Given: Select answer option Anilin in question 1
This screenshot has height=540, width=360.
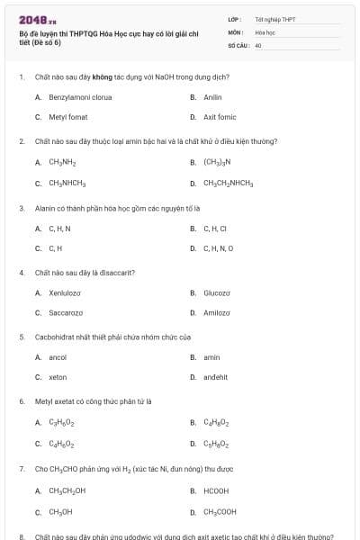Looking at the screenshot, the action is pos(212,96).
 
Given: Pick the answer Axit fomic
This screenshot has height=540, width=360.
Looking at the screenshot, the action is pos(219,117).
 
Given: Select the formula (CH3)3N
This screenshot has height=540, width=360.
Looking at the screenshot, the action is pos(217,163).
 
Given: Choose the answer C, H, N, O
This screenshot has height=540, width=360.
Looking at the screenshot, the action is pos(218,248).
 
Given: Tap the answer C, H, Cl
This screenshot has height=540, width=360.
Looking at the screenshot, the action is pos(215,229).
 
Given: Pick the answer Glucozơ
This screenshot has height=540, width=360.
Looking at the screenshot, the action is pos(217,292).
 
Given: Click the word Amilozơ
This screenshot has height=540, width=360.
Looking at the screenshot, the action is pos(217,313).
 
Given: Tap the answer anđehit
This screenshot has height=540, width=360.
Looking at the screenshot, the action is pos(216,378).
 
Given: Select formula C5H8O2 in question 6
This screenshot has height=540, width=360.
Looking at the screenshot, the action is pos(216,444).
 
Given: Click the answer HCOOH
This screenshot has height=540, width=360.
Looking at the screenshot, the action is pos(216,490).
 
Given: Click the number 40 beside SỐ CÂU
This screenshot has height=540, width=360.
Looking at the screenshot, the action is pos(258,44).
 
